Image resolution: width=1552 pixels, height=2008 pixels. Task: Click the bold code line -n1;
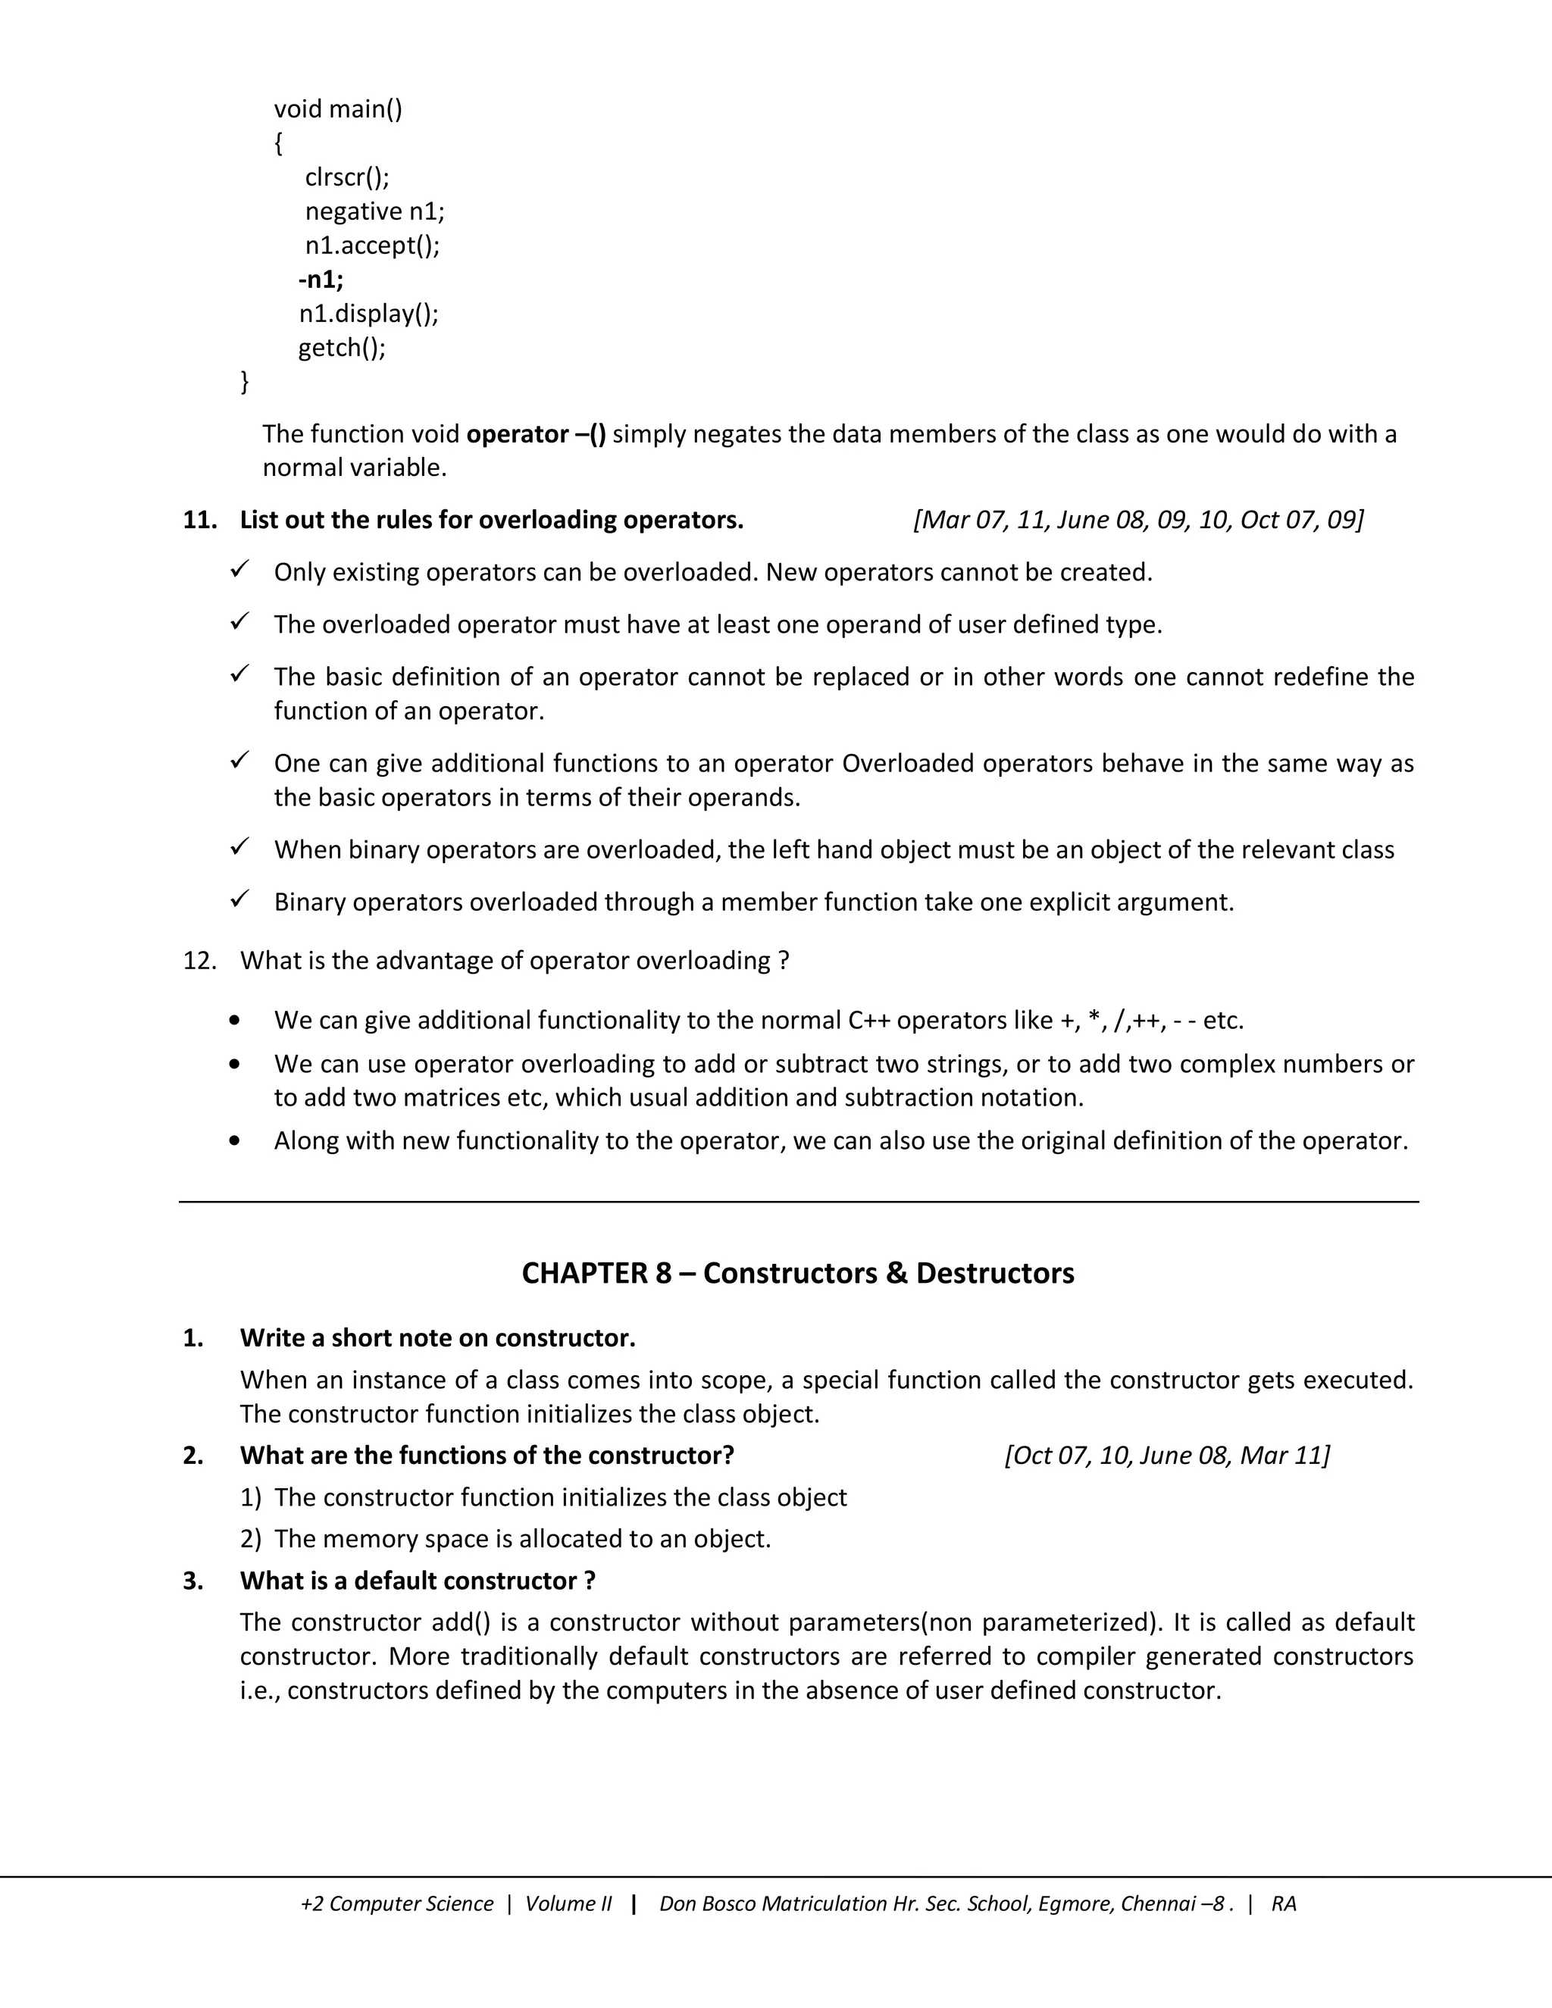pyautogui.click(x=321, y=280)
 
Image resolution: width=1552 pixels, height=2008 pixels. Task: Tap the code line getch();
pyautogui.click(x=341, y=348)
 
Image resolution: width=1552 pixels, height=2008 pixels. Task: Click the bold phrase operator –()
pyautogui.click(x=536, y=434)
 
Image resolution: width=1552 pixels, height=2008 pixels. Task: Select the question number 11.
pyautogui.click(x=199, y=521)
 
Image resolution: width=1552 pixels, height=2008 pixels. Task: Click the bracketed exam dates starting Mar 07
pyautogui.click(x=1138, y=521)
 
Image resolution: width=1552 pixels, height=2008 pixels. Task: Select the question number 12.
pyautogui.click(x=199, y=961)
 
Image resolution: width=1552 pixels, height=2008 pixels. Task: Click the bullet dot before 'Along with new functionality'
pyautogui.click(x=236, y=1141)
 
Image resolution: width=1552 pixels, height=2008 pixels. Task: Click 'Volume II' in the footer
pyautogui.click(x=568, y=1904)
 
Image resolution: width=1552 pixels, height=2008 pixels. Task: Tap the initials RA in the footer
pyautogui.click(x=1284, y=1904)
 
